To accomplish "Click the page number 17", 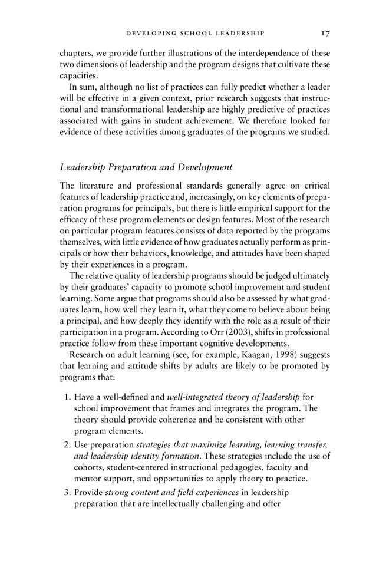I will point(325,33).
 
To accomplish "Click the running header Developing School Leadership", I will point(195,33).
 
